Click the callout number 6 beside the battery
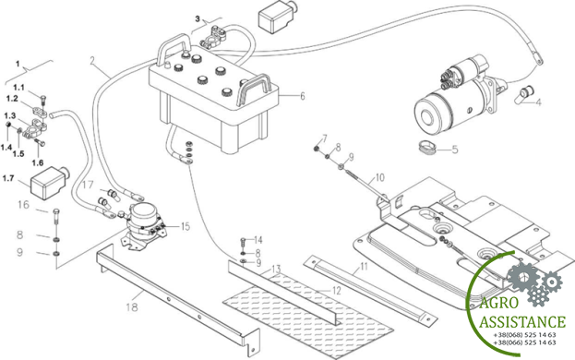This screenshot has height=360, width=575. click(x=303, y=96)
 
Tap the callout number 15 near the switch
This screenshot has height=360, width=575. click(x=186, y=226)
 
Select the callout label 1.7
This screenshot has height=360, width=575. click(x=8, y=178)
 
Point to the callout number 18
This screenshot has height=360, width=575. click(x=132, y=306)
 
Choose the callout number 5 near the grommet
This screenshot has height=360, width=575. click(x=455, y=150)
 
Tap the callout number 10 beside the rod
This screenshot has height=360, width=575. click(x=380, y=177)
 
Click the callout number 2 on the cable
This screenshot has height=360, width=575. click(x=93, y=61)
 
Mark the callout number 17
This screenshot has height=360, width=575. click(x=88, y=185)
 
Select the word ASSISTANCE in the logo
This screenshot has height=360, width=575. click(x=522, y=321)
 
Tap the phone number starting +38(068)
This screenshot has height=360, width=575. click(x=524, y=335)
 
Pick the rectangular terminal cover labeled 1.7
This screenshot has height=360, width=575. click(x=49, y=183)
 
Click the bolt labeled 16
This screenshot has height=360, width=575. click(x=56, y=217)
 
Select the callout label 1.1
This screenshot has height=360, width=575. click(x=18, y=88)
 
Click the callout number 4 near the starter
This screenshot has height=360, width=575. click(x=537, y=102)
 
